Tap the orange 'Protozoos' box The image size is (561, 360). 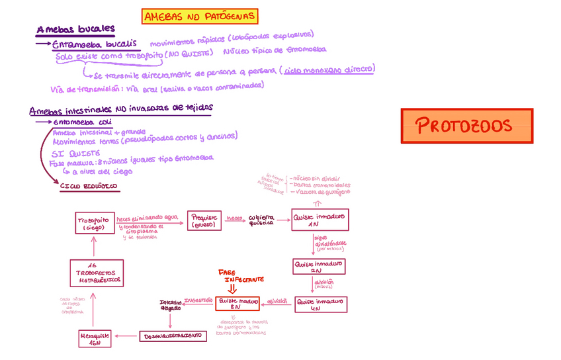tap(467, 126)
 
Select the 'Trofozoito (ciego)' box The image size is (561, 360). tap(94, 223)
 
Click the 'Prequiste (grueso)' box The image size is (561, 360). tap(206, 220)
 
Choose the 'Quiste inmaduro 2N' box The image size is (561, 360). tap(320, 267)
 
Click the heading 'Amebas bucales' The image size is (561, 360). tap(76, 29)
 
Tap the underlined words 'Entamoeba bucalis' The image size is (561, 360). tap(95, 43)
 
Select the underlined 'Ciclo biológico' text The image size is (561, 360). tap(89, 187)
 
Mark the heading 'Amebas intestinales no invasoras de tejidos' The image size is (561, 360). tap(121, 108)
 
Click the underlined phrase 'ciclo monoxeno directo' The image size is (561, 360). tap(329, 69)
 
